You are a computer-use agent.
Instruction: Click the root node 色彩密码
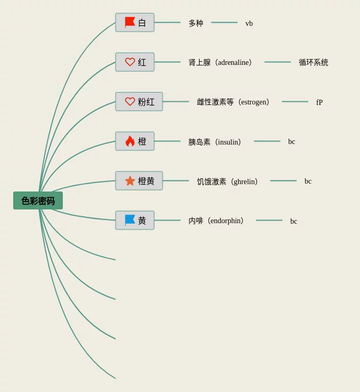click(38, 200)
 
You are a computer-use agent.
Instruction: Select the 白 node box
click(135, 23)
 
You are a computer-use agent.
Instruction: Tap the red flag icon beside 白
click(130, 22)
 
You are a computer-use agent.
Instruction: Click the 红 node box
click(135, 62)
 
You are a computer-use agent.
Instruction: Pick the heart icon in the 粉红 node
click(130, 101)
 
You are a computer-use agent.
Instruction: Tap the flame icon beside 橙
click(130, 141)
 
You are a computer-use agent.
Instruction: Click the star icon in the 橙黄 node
click(130, 181)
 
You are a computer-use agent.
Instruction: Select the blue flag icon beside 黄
click(130, 220)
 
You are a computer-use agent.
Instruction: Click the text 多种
click(196, 23)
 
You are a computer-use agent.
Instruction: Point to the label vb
click(249, 23)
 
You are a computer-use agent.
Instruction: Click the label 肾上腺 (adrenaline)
click(221, 63)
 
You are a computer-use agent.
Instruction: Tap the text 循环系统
click(314, 63)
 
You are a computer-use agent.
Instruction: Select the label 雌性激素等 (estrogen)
click(233, 102)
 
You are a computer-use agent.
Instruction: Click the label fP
click(319, 102)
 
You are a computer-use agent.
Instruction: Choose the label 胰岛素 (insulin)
click(215, 142)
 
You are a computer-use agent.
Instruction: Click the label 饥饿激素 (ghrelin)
click(228, 181)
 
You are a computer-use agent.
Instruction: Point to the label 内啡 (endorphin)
click(216, 221)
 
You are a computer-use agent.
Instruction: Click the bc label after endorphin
click(293, 221)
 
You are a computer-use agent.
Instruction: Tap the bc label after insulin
click(291, 142)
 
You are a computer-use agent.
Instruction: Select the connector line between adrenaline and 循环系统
click(278, 62)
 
